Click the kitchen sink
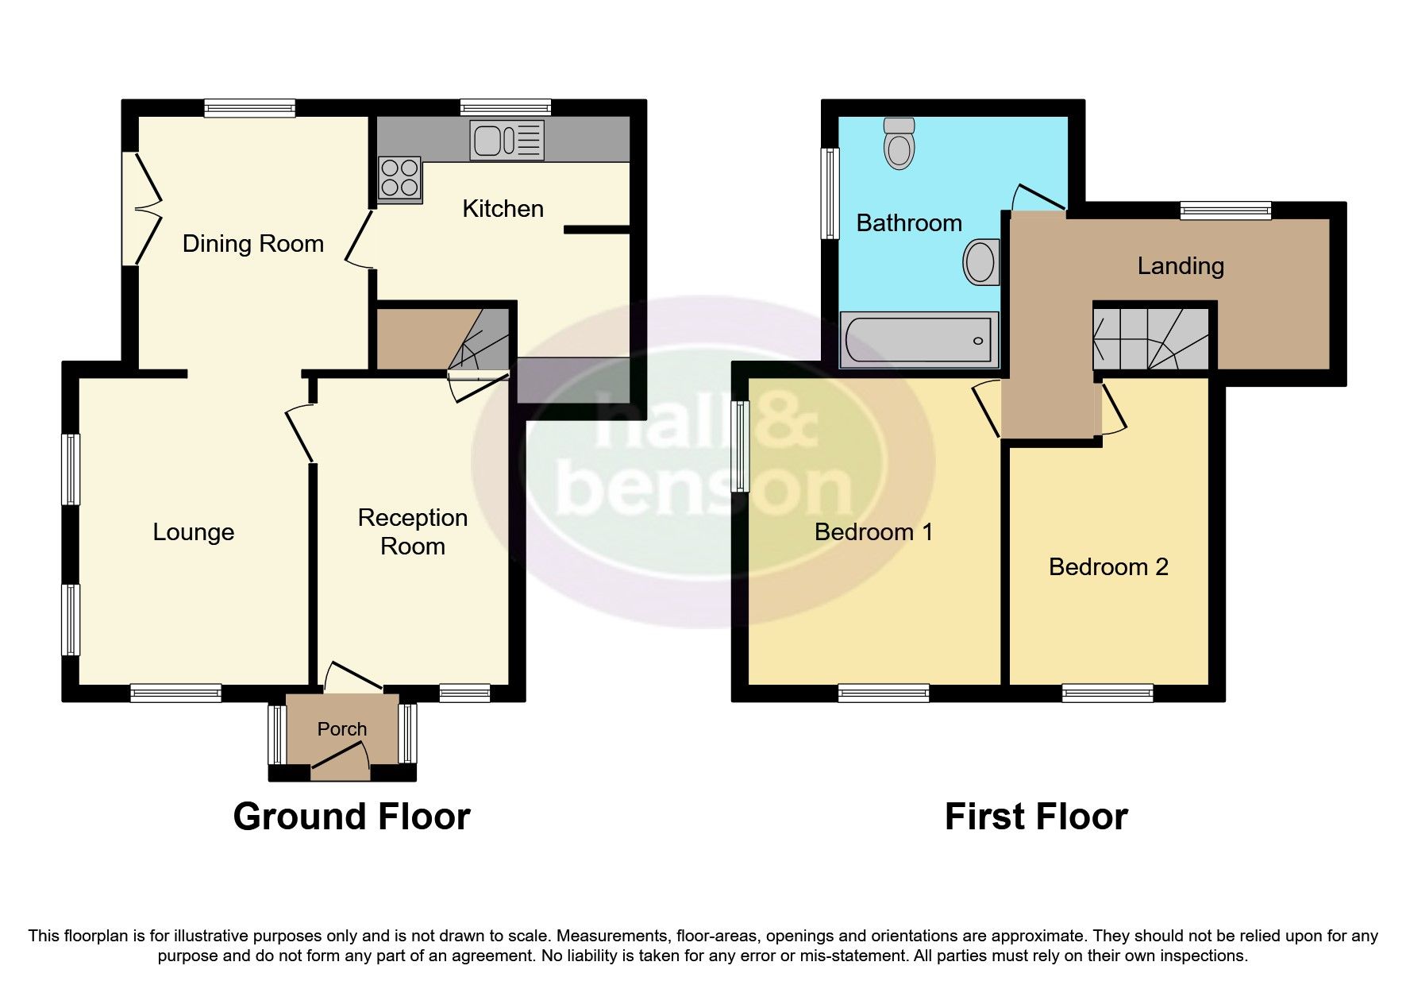pos(507,140)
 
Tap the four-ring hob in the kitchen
pos(399,178)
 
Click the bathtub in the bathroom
pos(919,340)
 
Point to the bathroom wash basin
pos(980,261)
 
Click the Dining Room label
pos(252,244)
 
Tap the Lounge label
pos(193,532)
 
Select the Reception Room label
pos(412,531)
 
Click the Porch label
pos(342,728)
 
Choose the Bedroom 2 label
pos(1108,567)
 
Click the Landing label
pos(1180,266)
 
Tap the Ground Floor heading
pos(351,817)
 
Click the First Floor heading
pos(1035,817)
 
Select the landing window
pos(1225,211)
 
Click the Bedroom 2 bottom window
pos(1107,693)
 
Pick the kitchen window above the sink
pos(505,108)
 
